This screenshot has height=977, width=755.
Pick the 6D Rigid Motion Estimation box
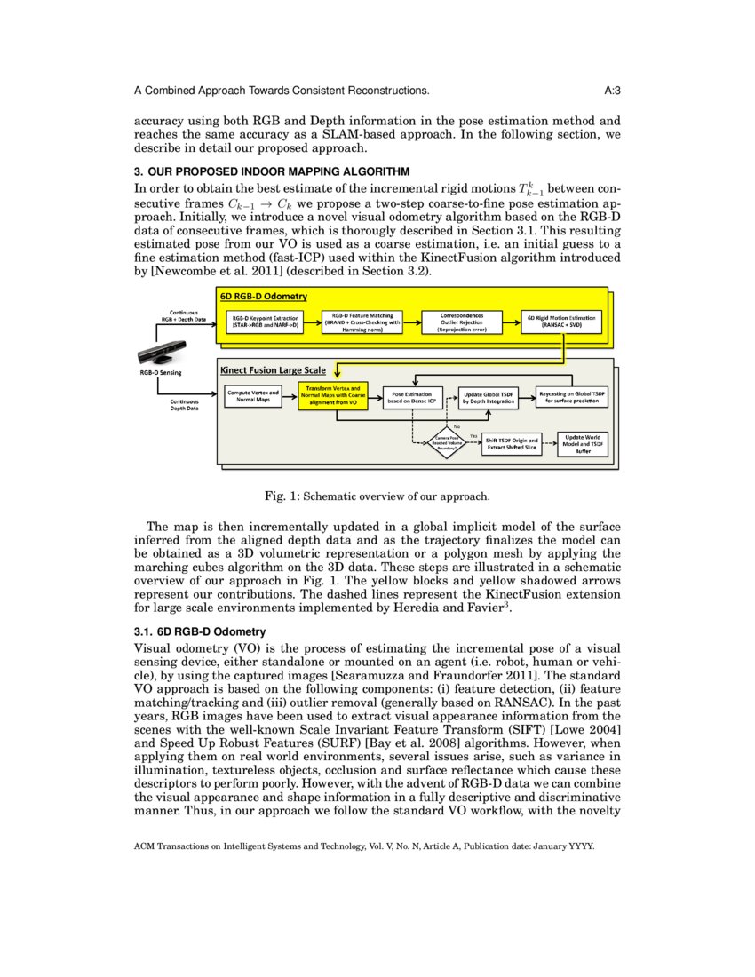tap(561, 322)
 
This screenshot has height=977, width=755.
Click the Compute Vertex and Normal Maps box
tap(253, 396)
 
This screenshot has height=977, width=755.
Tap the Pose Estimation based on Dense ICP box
tap(411, 397)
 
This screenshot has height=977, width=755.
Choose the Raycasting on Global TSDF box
tap(574, 397)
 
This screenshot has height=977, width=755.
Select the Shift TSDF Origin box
tap(512, 444)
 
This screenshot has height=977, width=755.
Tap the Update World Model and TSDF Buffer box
tap(583, 444)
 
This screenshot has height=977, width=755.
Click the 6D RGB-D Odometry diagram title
tap(263, 296)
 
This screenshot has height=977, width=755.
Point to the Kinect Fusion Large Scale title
tap(272, 369)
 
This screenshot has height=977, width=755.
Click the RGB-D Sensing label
tap(160, 373)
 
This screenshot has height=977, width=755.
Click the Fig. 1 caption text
tap(377, 496)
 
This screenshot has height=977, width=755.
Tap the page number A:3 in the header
tap(611, 91)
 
